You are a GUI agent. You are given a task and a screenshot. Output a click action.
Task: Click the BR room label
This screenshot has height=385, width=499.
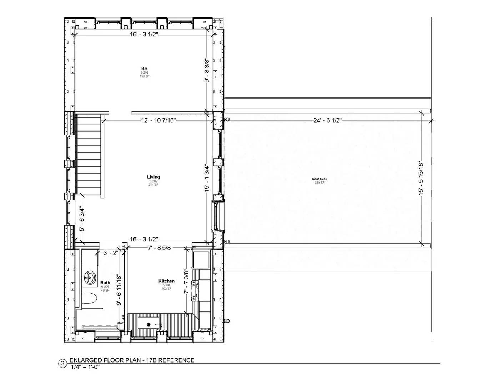tap(144, 68)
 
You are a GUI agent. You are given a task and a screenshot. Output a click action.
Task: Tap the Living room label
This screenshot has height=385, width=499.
tap(153, 177)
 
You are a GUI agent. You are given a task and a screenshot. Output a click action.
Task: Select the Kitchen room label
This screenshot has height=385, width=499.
tap(166, 281)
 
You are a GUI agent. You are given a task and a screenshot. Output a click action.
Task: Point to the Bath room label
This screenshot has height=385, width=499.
tap(105, 283)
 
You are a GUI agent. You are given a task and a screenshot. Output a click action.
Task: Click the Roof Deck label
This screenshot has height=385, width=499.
tap(319, 179)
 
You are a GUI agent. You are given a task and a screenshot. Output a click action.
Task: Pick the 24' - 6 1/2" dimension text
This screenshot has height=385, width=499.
tap(328, 120)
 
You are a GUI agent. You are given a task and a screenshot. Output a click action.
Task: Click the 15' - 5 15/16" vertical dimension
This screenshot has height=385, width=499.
tap(422, 178)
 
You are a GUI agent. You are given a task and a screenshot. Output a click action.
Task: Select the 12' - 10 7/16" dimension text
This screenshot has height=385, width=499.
tap(158, 121)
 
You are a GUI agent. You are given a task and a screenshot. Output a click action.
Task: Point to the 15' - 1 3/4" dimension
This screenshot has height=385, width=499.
tap(207, 178)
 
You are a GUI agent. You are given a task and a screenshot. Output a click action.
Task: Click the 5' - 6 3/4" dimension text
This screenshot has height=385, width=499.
tap(82, 219)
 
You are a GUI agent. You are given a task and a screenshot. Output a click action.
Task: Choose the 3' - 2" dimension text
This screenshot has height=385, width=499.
tap(111, 253)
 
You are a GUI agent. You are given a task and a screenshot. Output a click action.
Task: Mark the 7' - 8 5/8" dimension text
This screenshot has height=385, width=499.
tap(160, 248)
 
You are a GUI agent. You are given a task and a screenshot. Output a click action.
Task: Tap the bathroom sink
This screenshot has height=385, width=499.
tap(90, 277)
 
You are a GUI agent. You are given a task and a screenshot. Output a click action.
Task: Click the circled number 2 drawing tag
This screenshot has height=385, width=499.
tap(62, 364)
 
